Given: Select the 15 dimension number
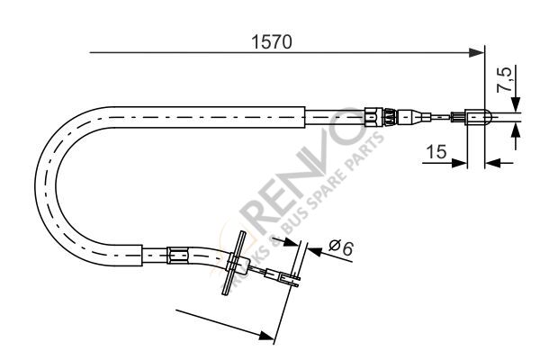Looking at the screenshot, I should [x=436, y=153].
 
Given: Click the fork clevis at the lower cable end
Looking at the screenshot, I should [x=289, y=281].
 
